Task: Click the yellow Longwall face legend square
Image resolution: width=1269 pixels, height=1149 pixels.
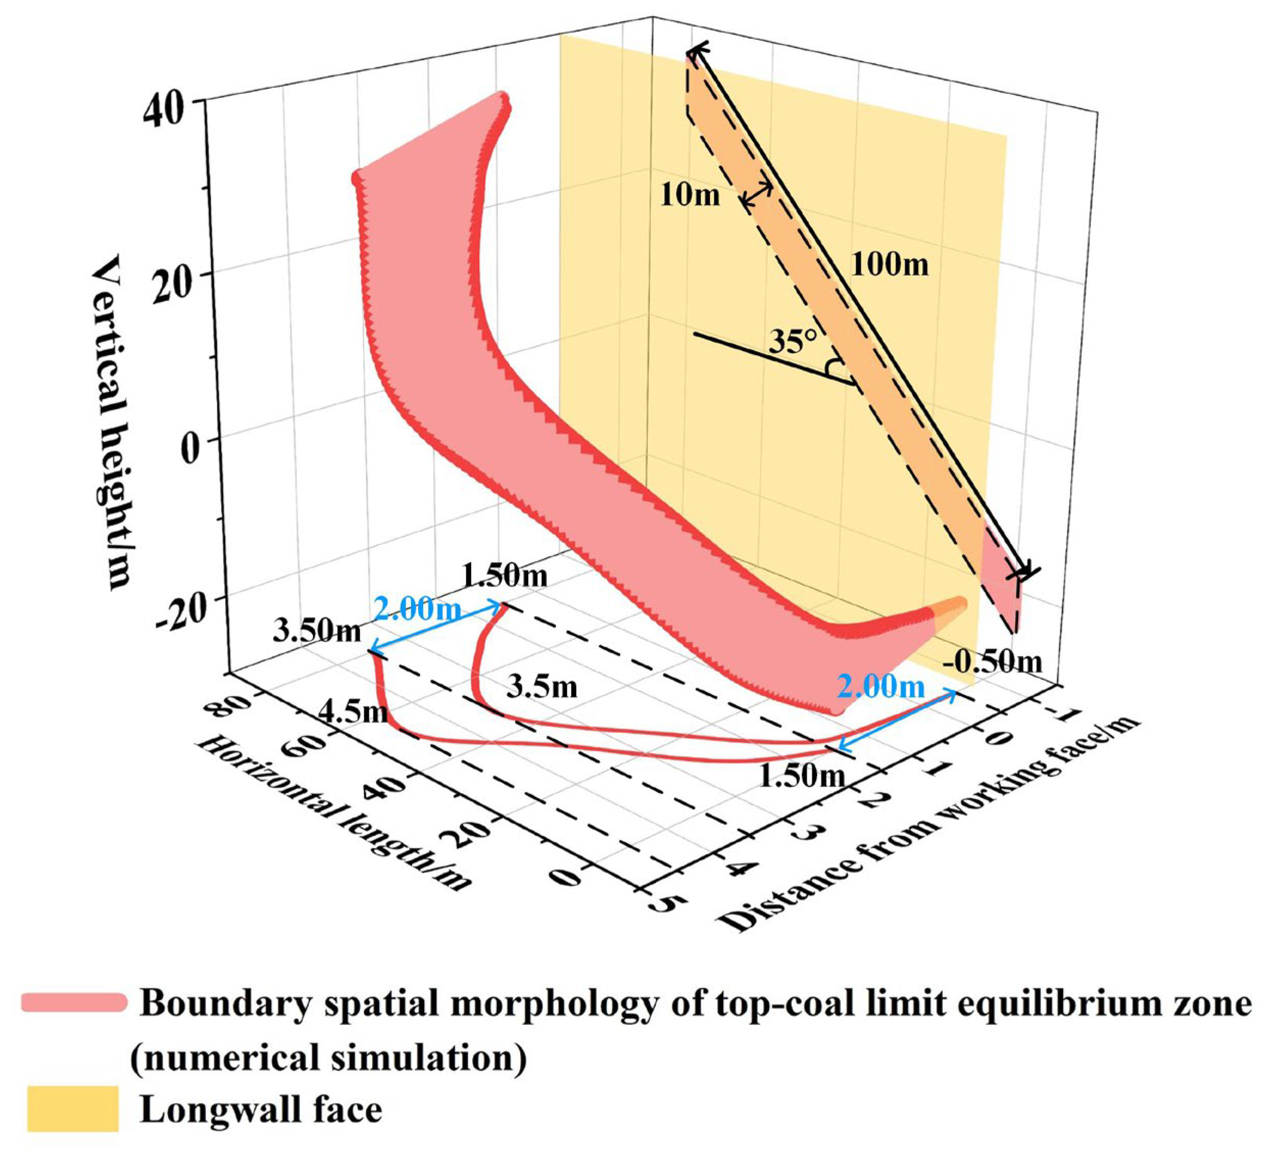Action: (x=73, y=1109)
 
